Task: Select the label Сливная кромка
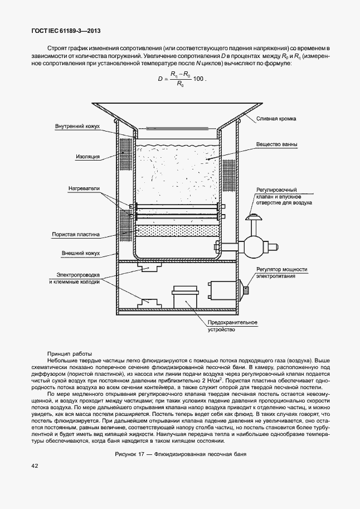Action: tap(276, 119)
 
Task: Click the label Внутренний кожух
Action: tap(77, 127)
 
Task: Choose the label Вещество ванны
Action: tap(277, 145)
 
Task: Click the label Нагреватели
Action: tap(84, 188)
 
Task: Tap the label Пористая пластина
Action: tap(76, 235)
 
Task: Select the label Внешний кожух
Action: tap(81, 253)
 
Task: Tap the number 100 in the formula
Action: tap(197, 79)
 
